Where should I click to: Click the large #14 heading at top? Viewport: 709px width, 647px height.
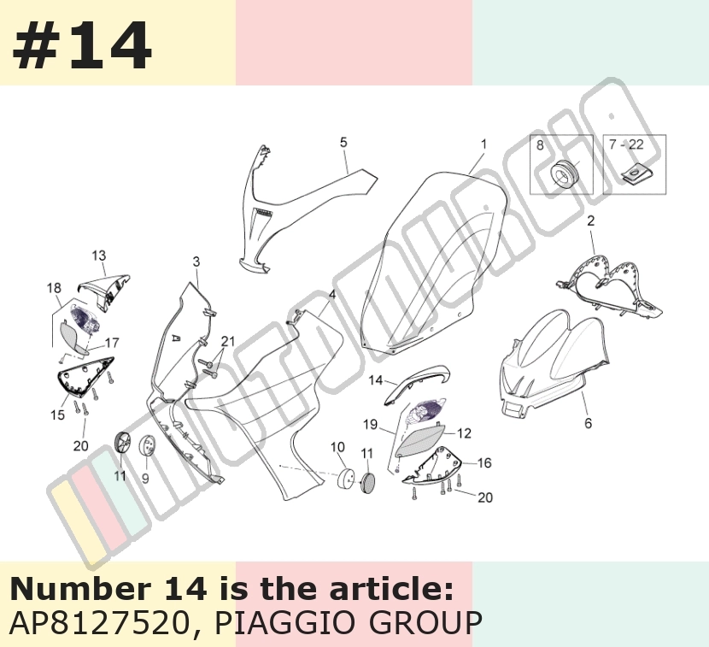(82, 45)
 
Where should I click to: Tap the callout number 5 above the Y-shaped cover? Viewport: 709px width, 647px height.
(343, 142)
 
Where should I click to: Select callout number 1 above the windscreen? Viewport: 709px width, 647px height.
(483, 144)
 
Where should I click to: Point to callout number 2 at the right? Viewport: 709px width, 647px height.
(590, 221)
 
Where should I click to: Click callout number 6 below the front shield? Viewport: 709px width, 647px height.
(588, 423)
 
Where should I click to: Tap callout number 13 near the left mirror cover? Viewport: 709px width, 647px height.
(99, 256)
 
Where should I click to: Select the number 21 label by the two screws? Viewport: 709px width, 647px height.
(228, 341)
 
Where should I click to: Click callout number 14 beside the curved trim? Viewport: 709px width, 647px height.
(376, 380)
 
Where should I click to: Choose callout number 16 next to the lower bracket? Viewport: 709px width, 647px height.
(484, 463)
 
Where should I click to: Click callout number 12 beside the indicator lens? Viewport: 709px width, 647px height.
(465, 433)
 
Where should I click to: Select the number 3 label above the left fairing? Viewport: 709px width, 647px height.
(196, 262)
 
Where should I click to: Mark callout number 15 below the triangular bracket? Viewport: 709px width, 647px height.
(57, 415)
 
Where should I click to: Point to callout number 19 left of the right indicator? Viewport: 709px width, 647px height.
(371, 425)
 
